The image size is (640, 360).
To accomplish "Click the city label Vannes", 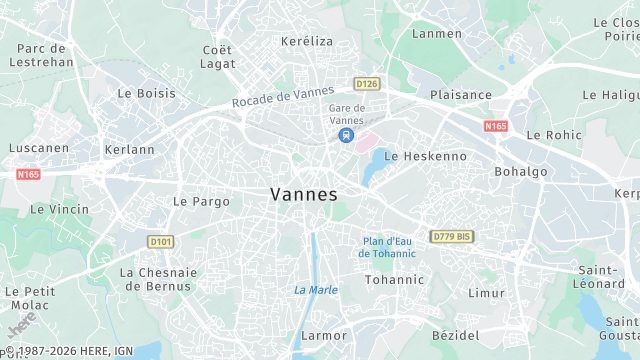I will click(x=304, y=195).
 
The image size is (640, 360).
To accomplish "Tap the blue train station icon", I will click(x=345, y=135).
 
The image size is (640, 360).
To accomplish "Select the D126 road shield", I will click(x=367, y=84).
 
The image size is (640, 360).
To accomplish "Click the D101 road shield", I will click(x=160, y=241).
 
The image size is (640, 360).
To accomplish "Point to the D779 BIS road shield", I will click(x=451, y=236).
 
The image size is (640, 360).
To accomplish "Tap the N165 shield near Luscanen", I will click(x=28, y=174).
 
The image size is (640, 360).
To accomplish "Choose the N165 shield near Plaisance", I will click(x=495, y=126).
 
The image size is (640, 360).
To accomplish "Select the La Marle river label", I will click(x=315, y=290).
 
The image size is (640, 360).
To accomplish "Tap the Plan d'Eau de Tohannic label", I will click(x=388, y=247).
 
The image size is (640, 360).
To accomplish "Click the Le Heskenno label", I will click(x=425, y=156).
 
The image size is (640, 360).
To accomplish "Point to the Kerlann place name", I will click(x=129, y=150).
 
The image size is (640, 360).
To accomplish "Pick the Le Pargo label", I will click(x=201, y=201).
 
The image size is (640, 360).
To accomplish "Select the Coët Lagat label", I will click(x=217, y=56).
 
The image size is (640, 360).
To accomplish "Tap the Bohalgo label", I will click(x=519, y=171).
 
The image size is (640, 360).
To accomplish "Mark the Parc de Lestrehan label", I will click(x=42, y=54).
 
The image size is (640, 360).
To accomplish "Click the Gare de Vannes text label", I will click(x=346, y=113).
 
